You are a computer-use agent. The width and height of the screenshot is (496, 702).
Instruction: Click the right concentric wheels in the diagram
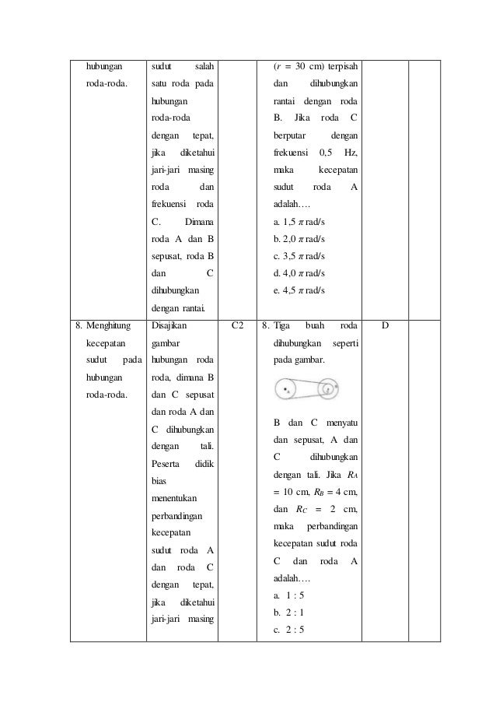pyautogui.click(x=328, y=388)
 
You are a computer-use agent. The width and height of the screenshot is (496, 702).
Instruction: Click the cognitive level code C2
pyautogui.click(x=237, y=327)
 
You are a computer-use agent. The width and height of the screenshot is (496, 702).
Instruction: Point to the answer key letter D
pyautogui.click(x=386, y=327)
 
